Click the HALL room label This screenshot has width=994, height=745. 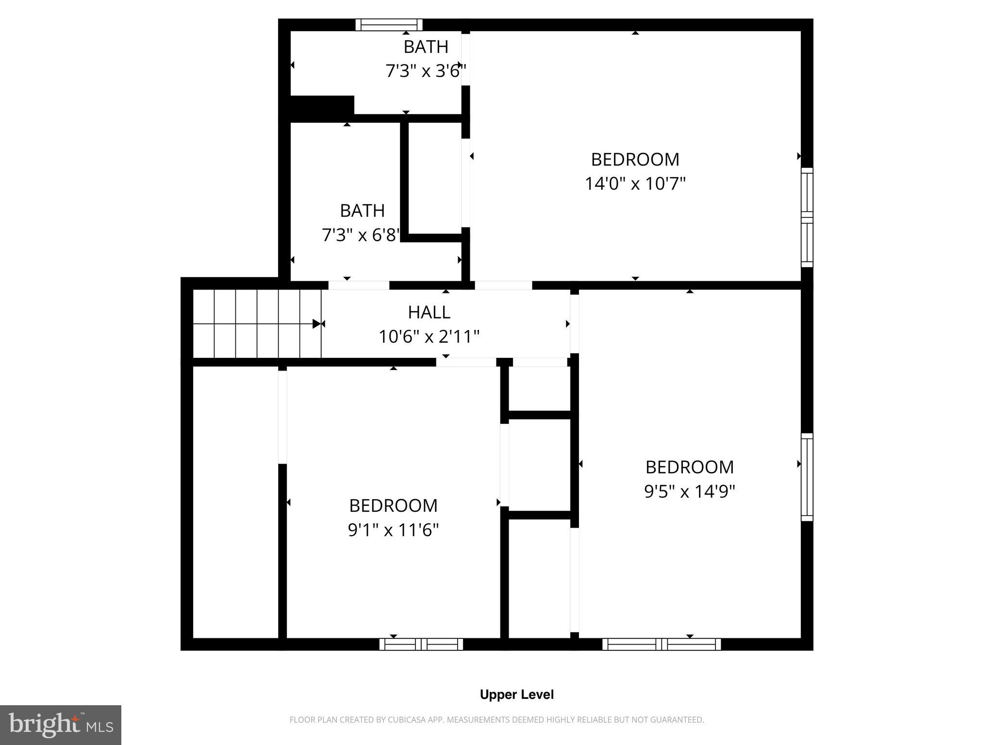429,312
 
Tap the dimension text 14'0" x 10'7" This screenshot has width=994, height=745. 635,184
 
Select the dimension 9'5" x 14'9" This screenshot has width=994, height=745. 689,491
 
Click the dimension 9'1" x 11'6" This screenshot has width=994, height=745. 393,530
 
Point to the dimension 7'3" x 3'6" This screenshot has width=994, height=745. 426,71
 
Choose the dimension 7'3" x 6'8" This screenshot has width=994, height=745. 361,235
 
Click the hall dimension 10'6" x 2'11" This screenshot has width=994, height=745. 429,337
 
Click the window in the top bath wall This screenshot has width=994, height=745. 389,25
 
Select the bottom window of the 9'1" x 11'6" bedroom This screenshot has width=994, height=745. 421,644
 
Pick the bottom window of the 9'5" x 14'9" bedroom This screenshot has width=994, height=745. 661,644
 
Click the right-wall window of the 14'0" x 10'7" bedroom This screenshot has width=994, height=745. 807,217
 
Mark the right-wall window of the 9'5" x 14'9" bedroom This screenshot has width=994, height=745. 807,477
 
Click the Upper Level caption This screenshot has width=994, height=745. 516,695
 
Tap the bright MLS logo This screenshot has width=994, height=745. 60,725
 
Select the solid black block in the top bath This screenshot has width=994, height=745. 322,105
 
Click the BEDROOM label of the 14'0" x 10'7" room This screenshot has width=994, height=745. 635,160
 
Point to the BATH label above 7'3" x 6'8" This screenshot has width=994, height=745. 362,211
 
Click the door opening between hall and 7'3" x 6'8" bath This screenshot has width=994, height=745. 359,285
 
